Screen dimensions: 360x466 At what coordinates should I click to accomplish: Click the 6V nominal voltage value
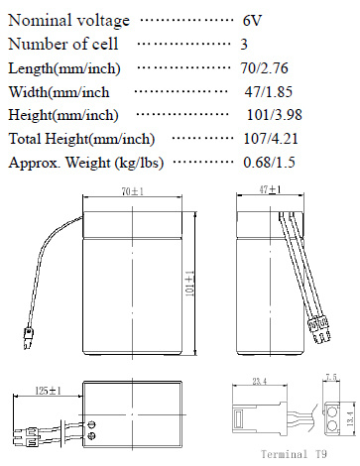coord(252,21)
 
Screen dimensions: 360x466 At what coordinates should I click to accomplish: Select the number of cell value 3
coord(244,45)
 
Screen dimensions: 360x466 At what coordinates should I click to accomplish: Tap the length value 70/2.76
coord(265,68)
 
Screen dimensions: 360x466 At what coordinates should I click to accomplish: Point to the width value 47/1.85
coord(269,91)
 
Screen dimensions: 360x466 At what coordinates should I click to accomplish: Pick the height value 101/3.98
coord(275,115)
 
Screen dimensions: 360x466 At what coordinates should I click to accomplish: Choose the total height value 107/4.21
coord(271,139)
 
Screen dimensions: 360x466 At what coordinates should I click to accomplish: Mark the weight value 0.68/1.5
coord(269,163)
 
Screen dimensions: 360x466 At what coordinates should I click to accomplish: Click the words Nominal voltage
coord(68,21)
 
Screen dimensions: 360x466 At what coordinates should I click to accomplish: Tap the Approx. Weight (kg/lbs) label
coord(86,163)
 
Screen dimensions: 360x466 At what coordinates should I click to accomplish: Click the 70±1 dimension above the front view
coord(133,191)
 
